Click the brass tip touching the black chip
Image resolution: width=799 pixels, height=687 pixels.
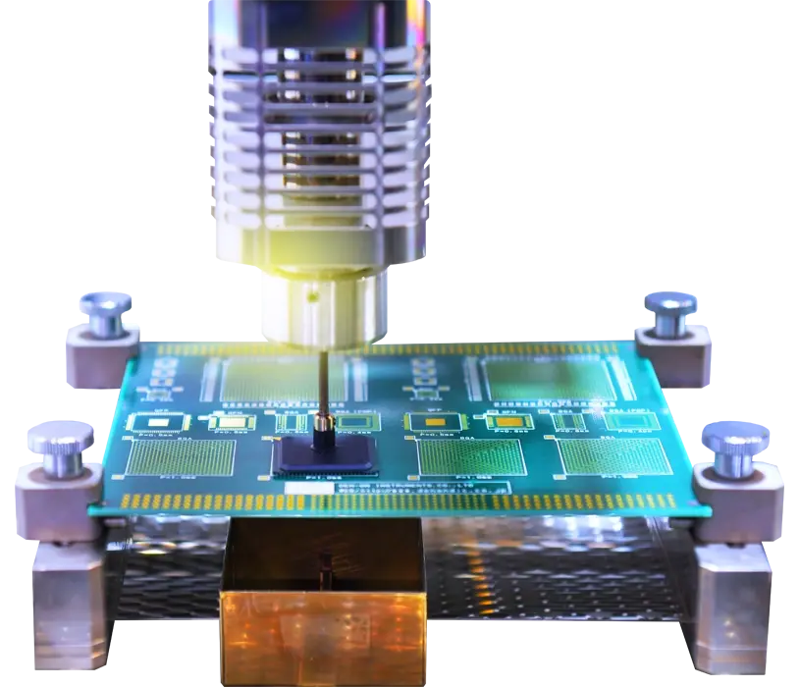click(x=321, y=429)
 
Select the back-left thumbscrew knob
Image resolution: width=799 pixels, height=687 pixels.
click(x=106, y=311)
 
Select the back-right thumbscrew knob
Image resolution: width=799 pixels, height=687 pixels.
click(x=670, y=311)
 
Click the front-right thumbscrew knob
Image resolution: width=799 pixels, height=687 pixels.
click(x=732, y=445)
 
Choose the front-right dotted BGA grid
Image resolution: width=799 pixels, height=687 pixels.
click(x=613, y=456)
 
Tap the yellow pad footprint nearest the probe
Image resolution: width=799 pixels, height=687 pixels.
click(x=348, y=423)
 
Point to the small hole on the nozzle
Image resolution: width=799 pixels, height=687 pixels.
click(x=312, y=294)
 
